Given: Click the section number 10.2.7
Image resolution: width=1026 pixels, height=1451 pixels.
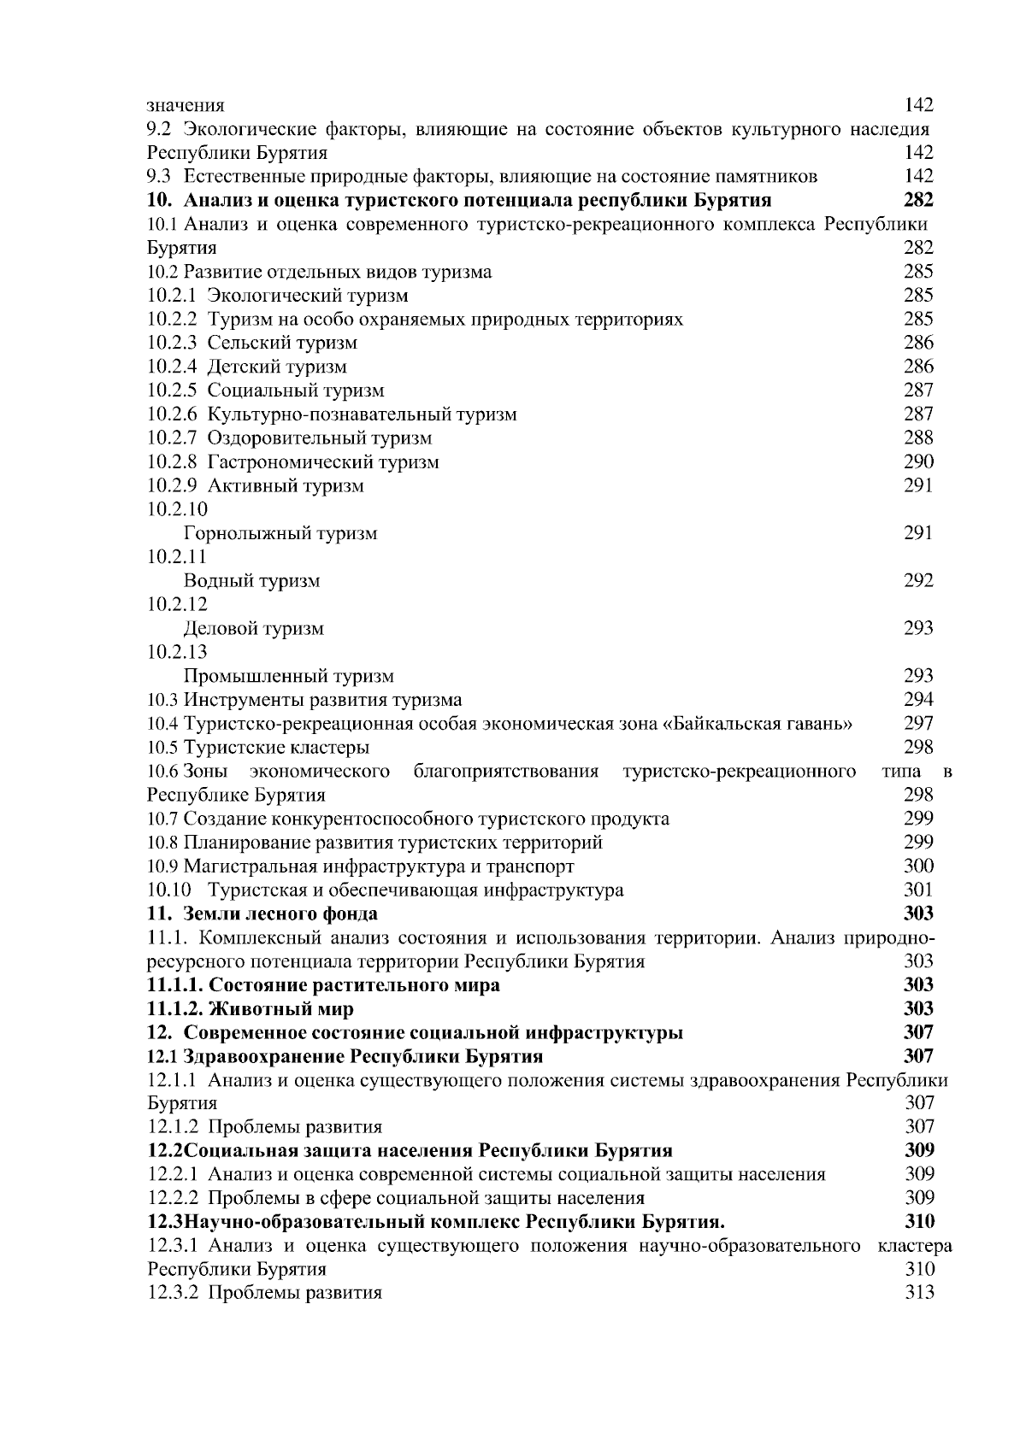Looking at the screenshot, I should click(x=172, y=438).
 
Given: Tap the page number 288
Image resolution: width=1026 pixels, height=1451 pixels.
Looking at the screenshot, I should click(x=918, y=438).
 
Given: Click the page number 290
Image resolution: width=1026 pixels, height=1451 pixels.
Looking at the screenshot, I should click(x=918, y=462).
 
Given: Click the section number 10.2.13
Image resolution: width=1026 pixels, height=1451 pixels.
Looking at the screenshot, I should click(x=177, y=653).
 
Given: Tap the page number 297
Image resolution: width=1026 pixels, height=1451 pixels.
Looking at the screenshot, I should click(x=918, y=724).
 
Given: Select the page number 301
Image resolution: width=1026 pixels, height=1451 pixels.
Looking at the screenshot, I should click(x=918, y=890).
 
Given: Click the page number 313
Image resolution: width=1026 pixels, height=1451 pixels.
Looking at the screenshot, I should click(x=918, y=1293).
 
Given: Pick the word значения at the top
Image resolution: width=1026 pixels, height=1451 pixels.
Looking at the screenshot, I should click(x=186, y=106).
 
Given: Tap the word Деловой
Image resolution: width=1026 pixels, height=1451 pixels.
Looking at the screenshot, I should click(x=220, y=629).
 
